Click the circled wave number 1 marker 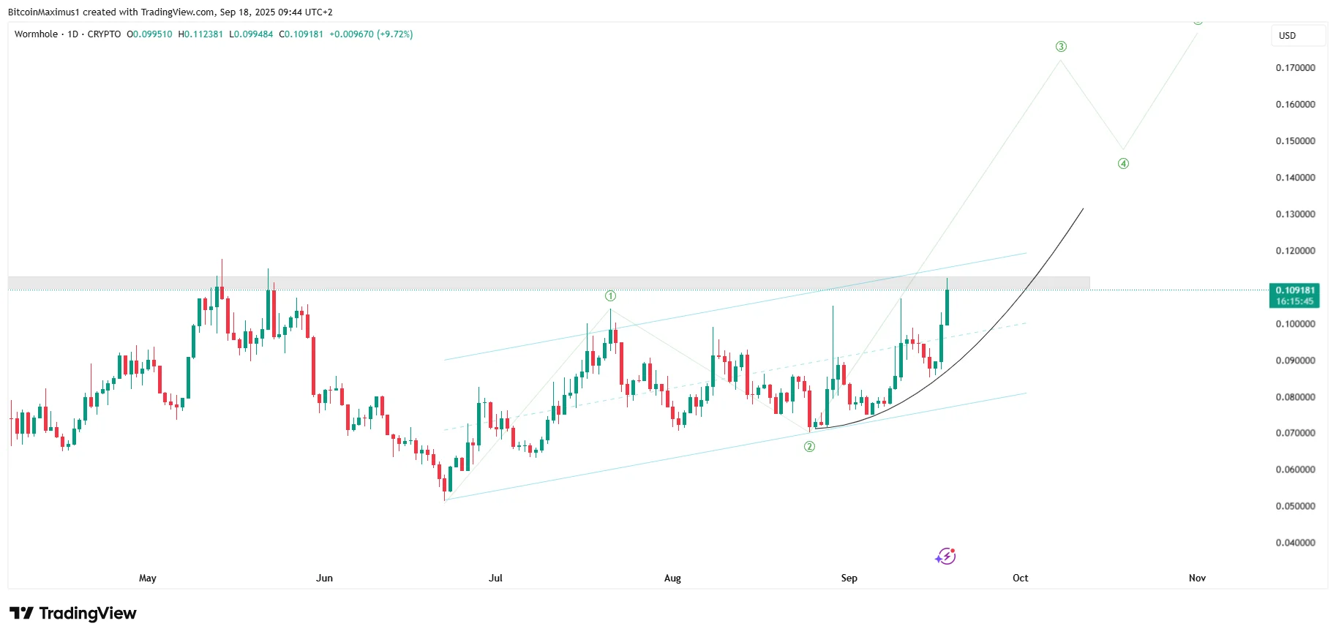click(610, 296)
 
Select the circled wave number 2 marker click(809, 447)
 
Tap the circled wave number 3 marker click(1061, 47)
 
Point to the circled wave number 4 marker click(1123, 164)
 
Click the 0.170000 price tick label click(1295, 68)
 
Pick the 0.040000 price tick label click(1295, 543)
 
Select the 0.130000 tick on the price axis click(1295, 214)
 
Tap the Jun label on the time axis click(324, 578)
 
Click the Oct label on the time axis click(1020, 578)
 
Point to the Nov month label click(1197, 578)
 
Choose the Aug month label click(672, 578)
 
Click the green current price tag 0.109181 click(1294, 295)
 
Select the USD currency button click(1287, 36)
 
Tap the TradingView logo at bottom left click(73, 613)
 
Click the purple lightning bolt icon click(945, 557)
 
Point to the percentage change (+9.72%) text click(395, 34)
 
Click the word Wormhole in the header click(36, 34)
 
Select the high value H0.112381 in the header click(200, 34)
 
